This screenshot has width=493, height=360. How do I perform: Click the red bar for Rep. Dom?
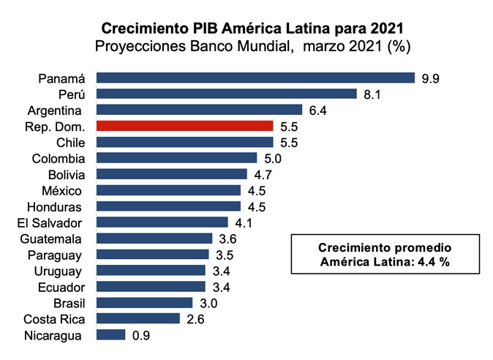pyautogui.click(x=184, y=126)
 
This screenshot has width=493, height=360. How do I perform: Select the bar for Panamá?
pyautogui.click(x=255, y=78)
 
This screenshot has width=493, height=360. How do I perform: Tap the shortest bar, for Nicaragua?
pyautogui.click(x=110, y=335)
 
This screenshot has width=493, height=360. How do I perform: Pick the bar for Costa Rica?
pyautogui.click(x=138, y=318)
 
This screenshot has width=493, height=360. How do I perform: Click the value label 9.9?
pyautogui.click(x=429, y=78)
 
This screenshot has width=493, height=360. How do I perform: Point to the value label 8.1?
pyautogui.click(x=372, y=94)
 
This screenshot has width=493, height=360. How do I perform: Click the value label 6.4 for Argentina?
pyautogui.click(x=317, y=110)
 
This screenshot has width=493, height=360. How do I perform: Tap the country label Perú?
pyautogui.click(x=72, y=94)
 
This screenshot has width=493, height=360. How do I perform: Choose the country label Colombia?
pyautogui.click(x=59, y=158)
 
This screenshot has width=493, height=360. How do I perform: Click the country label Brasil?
pyautogui.click(x=70, y=303)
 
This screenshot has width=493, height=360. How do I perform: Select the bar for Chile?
pyautogui.click(x=184, y=142)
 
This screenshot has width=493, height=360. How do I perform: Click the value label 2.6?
pyautogui.click(x=195, y=319)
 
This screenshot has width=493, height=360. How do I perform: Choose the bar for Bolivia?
pyautogui.click(x=172, y=174)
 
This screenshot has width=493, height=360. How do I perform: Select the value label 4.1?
pyautogui.click(x=244, y=222)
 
